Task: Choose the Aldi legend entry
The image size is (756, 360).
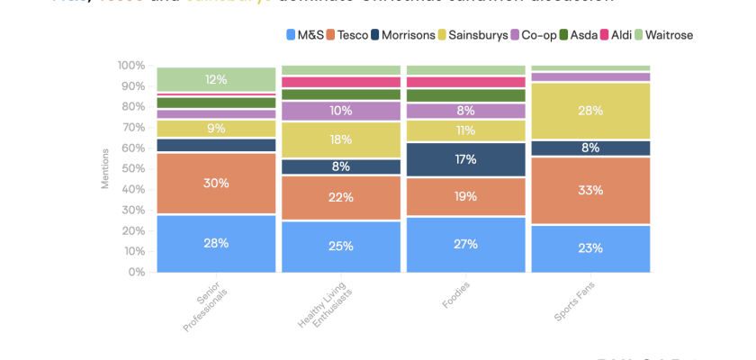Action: (615, 35)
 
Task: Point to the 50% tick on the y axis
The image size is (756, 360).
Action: (131, 168)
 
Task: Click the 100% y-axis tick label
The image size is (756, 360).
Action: (130, 66)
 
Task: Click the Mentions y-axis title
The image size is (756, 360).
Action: (104, 169)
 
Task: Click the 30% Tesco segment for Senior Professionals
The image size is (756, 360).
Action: (216, 184)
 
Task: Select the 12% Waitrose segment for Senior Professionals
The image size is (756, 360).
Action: (216, 79)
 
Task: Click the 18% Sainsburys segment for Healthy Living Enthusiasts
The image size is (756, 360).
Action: (341, 139)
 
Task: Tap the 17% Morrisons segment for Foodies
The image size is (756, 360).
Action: (465, 159)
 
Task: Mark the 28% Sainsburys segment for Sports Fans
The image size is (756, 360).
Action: (590, 111)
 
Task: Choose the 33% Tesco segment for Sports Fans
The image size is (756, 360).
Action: (590, 190)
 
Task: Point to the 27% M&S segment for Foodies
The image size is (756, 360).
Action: (465, 244)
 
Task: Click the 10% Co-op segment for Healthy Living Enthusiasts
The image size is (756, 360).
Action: (341, 111)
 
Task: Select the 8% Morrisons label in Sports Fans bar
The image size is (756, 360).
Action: (590, 148)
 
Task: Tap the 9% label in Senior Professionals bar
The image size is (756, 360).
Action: (216, 129)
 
